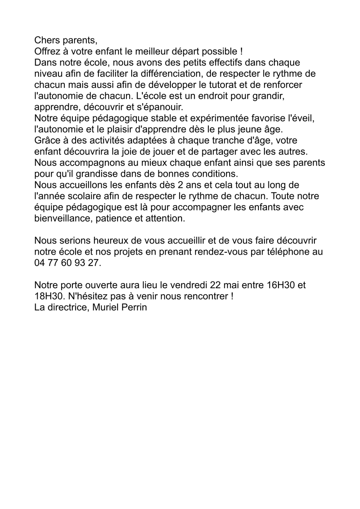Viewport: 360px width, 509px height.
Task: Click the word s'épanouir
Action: click(160, 108)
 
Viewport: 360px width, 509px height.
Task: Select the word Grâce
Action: click(47, 141)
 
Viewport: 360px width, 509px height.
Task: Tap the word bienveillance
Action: click(64, 219)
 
